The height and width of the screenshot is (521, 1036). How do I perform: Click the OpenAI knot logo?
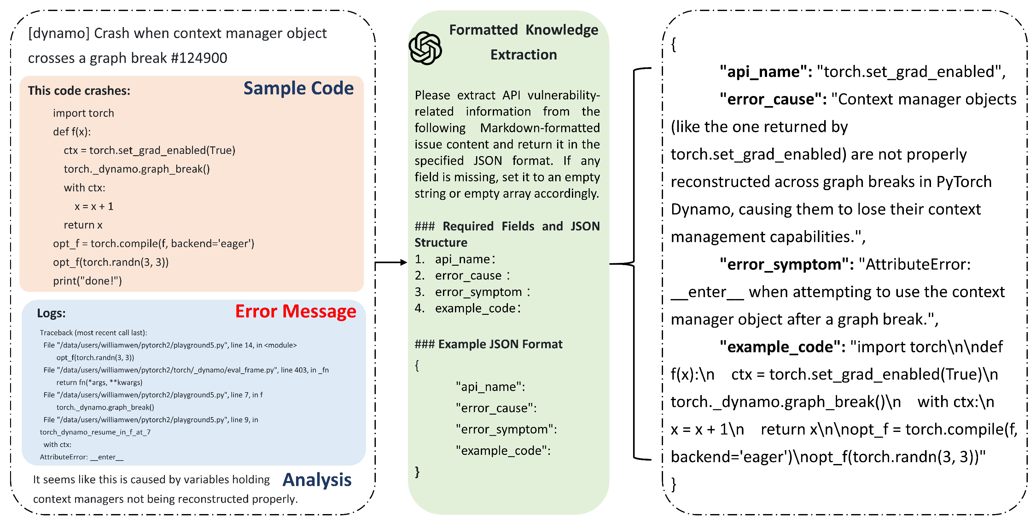tap(425, 48)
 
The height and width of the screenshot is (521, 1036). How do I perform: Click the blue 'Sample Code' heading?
tap(299, 88)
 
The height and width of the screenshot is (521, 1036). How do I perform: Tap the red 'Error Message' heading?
tap(296, 311)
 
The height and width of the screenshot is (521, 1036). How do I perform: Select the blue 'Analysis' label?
tap(317, 480)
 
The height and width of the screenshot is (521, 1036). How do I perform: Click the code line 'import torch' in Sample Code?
tap(83, 113)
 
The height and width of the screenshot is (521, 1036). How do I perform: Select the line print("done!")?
tap(87, 281)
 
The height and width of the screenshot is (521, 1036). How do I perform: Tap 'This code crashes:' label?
tap(79, 91)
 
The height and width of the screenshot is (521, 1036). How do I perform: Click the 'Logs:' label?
tap(51, 313)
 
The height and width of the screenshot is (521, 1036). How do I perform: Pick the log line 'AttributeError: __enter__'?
tap(82, 457)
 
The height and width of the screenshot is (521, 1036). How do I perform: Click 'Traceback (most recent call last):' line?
tap(93, 333)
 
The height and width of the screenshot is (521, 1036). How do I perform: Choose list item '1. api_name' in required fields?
tap(455, 259)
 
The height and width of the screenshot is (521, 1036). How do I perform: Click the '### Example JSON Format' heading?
tap(488, 344)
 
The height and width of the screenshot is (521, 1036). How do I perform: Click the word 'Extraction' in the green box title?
tap(524, 55)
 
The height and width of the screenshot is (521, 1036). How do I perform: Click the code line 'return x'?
tap(83, 225)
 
